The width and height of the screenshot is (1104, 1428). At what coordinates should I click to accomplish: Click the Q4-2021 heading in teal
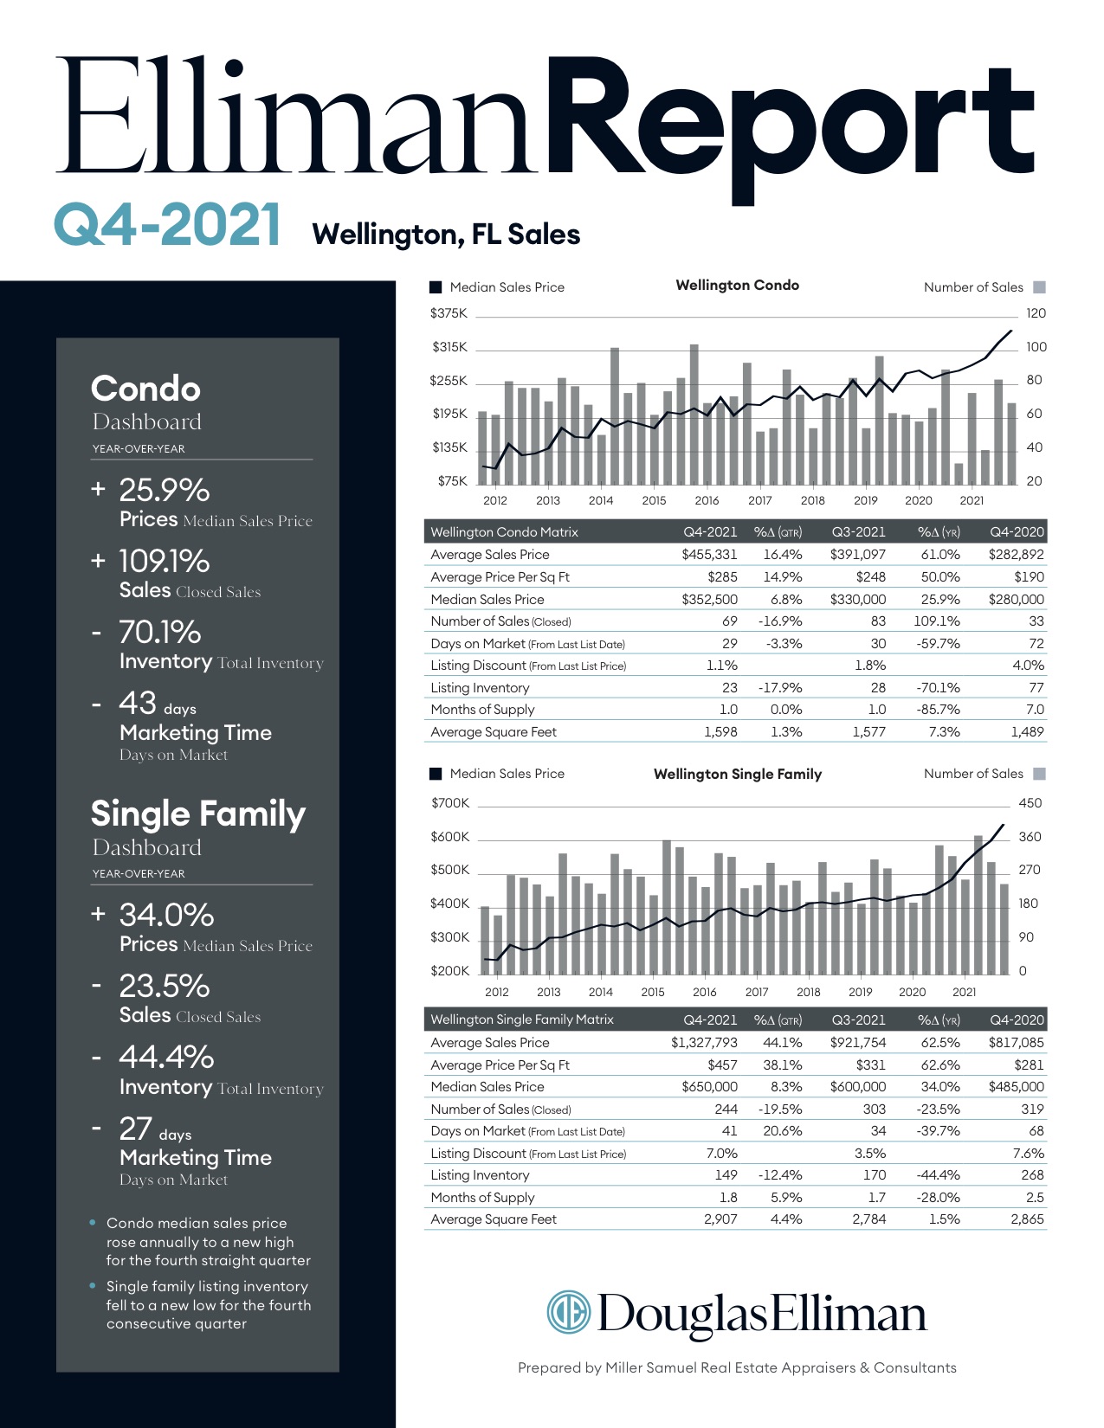tap(168, 225)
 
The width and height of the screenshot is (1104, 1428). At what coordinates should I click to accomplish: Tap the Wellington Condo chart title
tap(737, 286)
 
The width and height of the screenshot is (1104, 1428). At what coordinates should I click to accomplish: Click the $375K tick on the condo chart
tap(449, 313)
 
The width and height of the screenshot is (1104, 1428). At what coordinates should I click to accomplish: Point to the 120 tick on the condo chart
tap(1036, 313)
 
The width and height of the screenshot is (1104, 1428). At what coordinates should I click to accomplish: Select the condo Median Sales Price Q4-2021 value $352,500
tap(709, 599)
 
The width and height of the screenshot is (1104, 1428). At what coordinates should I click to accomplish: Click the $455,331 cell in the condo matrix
tap(709, 555)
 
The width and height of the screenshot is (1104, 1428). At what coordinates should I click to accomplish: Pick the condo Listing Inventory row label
tap(480, 688)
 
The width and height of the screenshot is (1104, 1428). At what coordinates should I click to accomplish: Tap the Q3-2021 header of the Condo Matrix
tap(858, 531)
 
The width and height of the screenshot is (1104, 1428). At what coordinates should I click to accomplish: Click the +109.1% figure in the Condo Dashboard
tap(151, 561)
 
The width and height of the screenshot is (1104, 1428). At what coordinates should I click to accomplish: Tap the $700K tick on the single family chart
tap(449, 803)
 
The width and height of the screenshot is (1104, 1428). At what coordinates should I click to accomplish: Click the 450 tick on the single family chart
tap(1030, 803)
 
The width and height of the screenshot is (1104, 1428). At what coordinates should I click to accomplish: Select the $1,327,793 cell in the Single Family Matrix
tap(704, 1043)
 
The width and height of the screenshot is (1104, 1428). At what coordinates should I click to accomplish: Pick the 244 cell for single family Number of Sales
tap(726, 1110)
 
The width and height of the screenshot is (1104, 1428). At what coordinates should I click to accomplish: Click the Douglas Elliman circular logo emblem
tap(569, 1312)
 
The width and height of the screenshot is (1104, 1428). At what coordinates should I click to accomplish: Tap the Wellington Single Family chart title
tap(737, 774)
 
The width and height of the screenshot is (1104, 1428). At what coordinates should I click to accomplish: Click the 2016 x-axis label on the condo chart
tap(707, 501)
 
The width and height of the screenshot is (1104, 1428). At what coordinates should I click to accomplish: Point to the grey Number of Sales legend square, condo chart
tap(1040, 287)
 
